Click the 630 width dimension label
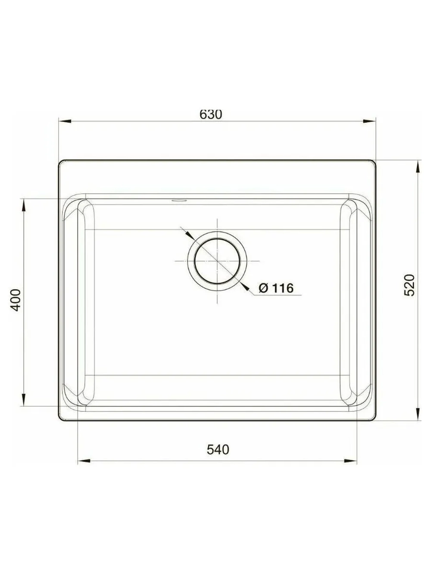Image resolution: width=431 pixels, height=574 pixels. (x=211, y=114)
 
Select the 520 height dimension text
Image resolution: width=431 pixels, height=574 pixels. (x=410, y=285)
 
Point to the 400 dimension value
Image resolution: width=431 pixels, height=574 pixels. (x=16, y=300)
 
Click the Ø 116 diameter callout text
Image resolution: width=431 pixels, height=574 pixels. (x=276, y=288)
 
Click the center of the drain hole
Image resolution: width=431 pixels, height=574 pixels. (x=217, y=261)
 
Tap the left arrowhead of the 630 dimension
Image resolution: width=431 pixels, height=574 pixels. (x=65, y=121)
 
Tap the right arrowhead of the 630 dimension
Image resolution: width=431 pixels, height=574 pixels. (x=369, y=121)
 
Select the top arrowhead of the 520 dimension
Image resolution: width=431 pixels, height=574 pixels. (x=418, y=166)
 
